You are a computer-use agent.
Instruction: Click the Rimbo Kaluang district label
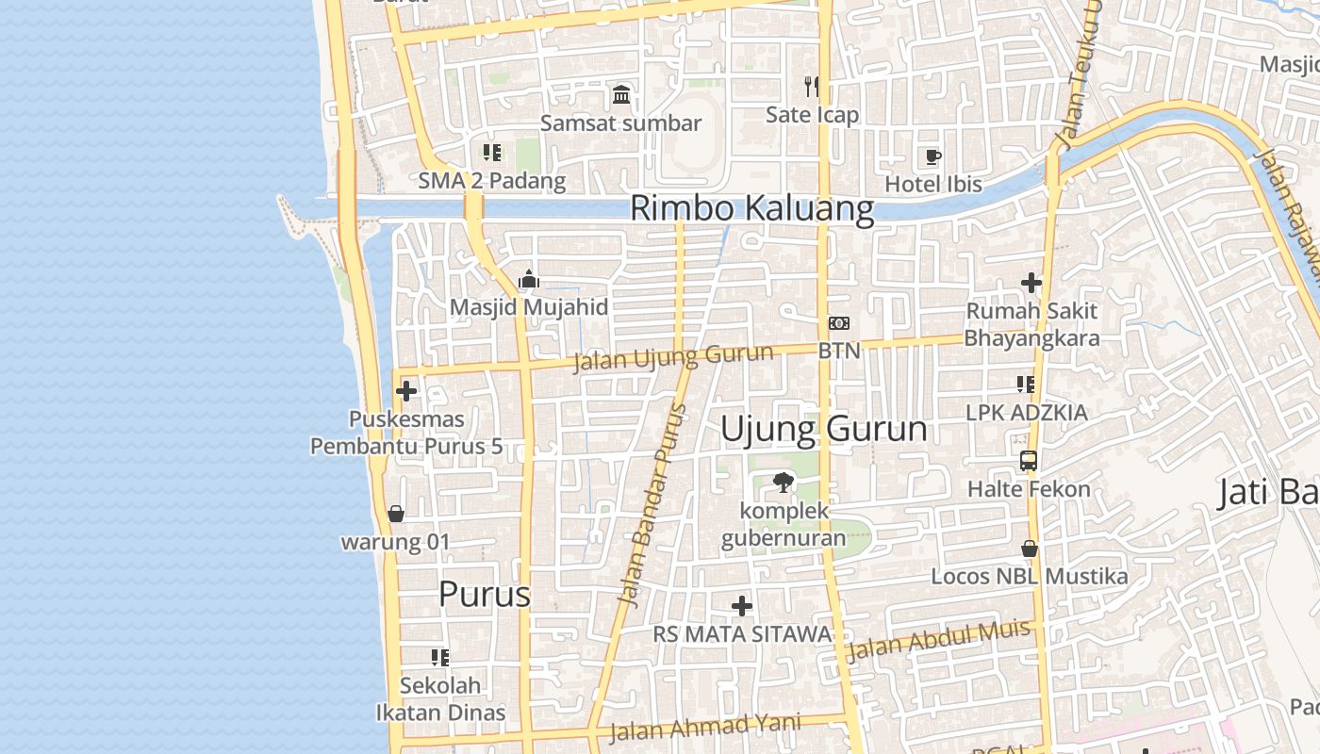(751, 208)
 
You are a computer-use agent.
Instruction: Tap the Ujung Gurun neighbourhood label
(823, 430)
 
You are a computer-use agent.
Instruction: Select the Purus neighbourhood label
(485, 595)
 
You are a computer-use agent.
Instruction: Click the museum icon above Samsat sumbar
(621, 94)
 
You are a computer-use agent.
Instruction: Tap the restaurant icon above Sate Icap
(812, 87)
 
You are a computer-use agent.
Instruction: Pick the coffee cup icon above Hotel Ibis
(932, 156)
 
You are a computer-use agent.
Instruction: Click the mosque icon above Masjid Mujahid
(529, 280)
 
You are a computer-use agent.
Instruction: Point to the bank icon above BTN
(838, 323)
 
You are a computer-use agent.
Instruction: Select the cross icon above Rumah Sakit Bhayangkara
(1031, 282)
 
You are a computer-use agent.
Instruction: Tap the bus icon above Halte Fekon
(1029, 461)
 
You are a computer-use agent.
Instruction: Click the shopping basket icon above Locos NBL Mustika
(1030, 549)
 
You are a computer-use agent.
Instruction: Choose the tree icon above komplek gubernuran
(783, 484)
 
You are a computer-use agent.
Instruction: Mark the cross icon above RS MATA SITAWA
(742, 606)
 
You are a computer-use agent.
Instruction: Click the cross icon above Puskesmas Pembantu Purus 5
(406, 390)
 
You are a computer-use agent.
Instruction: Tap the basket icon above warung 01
(395, 514)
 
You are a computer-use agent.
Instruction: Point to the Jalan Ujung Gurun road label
(673, 358)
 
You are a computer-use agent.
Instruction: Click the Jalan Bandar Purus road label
(652, 505)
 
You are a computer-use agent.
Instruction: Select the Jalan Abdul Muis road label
(938, 642)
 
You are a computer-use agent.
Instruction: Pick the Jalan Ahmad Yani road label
(704, 728)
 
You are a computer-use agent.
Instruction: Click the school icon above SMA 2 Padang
(491, 152)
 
